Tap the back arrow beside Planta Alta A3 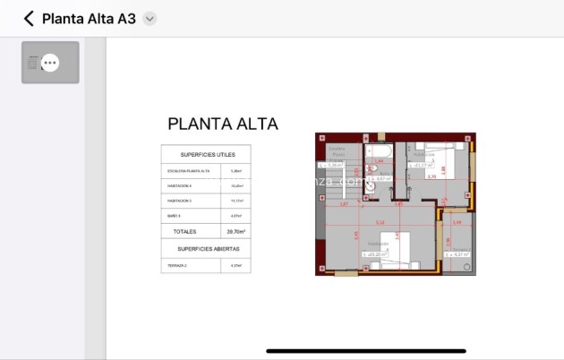29,18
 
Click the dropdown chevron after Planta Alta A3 150,18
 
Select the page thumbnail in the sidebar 50,63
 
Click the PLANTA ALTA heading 223,124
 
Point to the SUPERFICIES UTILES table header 207,154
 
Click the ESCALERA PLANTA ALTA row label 189,170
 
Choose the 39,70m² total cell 235,230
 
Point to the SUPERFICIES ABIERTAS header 207,248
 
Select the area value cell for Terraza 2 236,265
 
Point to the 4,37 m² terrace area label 461,254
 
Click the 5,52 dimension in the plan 380,222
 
